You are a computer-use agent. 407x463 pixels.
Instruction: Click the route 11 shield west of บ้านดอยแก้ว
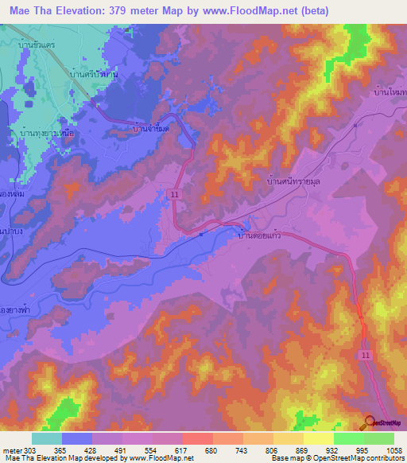[172, 193]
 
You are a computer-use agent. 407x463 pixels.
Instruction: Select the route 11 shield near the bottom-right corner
[366, 354]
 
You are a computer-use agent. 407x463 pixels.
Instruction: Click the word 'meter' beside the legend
[10, 449]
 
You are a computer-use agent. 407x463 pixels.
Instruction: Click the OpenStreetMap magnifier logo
[370, 423]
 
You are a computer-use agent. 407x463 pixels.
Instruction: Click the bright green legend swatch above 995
[348, 438]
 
